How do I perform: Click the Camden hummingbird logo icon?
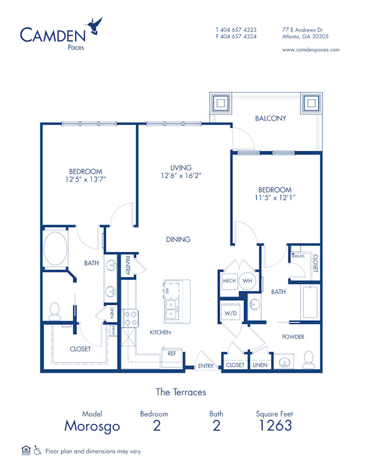95,25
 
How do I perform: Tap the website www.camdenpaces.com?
311,50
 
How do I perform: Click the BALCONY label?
270,118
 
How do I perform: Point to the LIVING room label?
181,168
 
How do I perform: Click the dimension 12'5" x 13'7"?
85,180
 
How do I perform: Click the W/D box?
231,313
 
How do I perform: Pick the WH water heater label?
247,281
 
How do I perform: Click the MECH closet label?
229,281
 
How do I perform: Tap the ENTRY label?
206,366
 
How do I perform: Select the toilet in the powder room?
309,358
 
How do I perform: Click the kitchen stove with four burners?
131,317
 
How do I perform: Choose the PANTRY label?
128,266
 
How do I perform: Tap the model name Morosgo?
93,425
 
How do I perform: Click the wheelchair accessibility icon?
37,451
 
